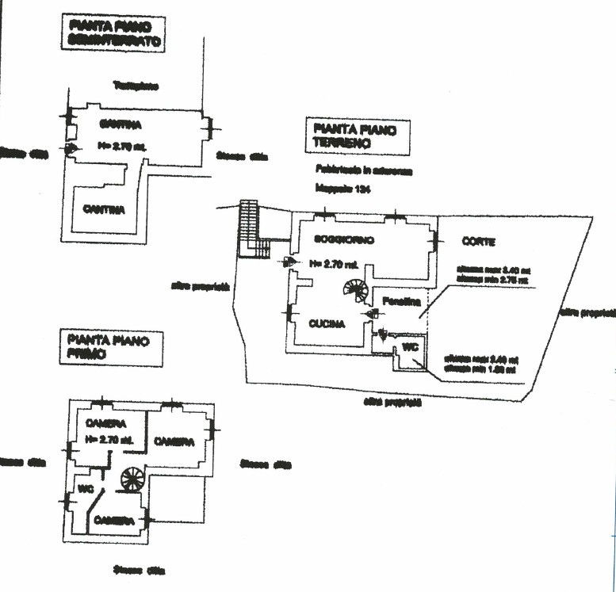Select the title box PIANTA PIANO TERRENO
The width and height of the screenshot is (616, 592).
click(x=358, y=136)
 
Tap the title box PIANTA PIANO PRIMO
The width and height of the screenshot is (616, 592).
click(x=110, y=349)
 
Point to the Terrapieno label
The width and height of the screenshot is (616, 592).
click(x=135, y=86)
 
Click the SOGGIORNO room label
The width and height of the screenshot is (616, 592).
click(x=343, y=239)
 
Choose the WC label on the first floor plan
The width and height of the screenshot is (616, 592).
click(x=85, y=488)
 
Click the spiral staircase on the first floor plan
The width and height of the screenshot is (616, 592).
click(x=132, y=479)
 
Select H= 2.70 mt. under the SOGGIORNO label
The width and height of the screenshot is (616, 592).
click(x=334, y=263)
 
